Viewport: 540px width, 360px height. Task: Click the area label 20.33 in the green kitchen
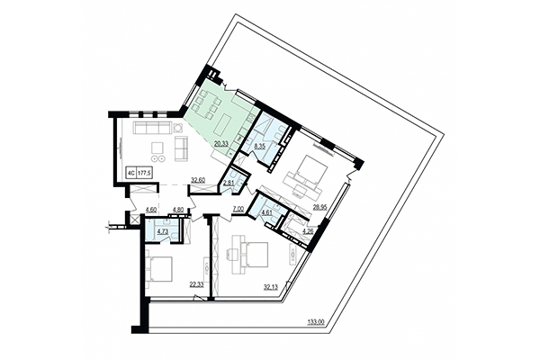pos(220,140)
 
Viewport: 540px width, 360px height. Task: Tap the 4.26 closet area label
pos(307,231)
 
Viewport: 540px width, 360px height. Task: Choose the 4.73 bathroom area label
pos(162,231)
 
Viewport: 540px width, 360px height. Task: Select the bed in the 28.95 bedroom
pos(309,169)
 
